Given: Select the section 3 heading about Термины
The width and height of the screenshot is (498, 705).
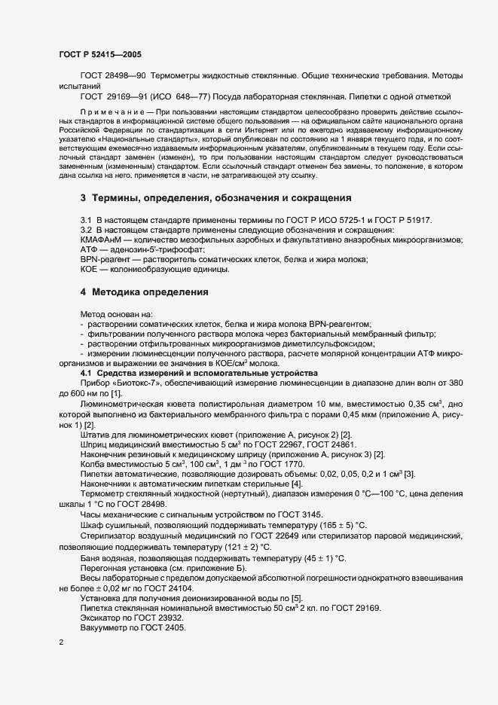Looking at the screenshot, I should point(215,198).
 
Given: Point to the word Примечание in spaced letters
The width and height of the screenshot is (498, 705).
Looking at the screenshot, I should point(111,111).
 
